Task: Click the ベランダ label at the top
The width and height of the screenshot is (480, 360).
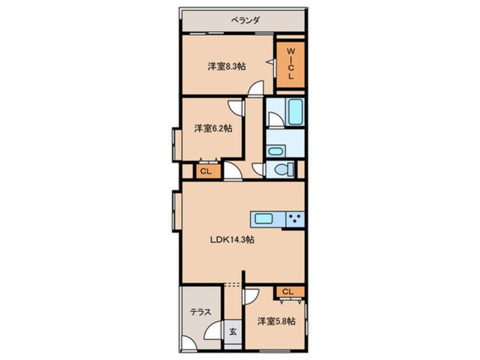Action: pyautogui.click(x=246, y=21)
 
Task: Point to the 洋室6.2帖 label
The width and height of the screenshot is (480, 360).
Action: pyautogui.click(x=213, y=128)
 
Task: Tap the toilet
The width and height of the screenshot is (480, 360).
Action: pyautogui.click(x=281, y=169)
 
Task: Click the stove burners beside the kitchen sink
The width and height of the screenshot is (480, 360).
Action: pyautogui.click(x=295, y=219)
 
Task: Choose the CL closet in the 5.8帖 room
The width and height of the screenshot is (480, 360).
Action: pyautogui.click(x=288, y=292)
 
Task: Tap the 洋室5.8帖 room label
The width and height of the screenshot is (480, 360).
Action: pyautogui.click(x=276, y=321)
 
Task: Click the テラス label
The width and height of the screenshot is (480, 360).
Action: pyautogui.click(x=200, y=312)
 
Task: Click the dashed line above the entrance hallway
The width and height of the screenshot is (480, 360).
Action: pyautogui.click(x=232, y=283)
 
